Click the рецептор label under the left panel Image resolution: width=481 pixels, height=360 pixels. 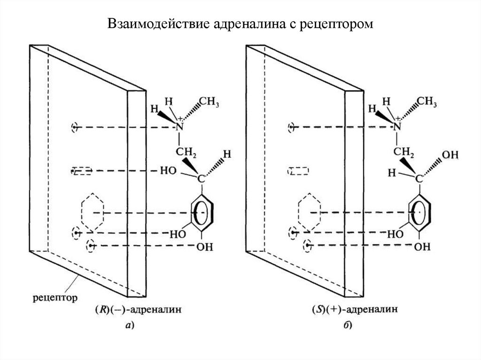(55, 298)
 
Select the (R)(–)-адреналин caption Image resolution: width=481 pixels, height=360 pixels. (139, 309)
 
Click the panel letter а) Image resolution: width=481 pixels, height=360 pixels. (130, 325)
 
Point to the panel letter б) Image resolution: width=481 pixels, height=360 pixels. (347, 325)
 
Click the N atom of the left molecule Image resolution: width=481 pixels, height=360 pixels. (179, 127)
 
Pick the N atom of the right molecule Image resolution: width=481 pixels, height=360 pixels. (397, 126)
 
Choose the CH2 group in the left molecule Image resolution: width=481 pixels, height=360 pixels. (186, 152)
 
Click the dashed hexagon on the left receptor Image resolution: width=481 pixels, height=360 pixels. (82, 212)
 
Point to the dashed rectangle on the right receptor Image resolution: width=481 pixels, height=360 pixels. (299, 168)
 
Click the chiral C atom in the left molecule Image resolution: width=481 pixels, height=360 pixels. (201, 179)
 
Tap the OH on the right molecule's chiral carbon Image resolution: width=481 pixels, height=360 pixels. (450, 155)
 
